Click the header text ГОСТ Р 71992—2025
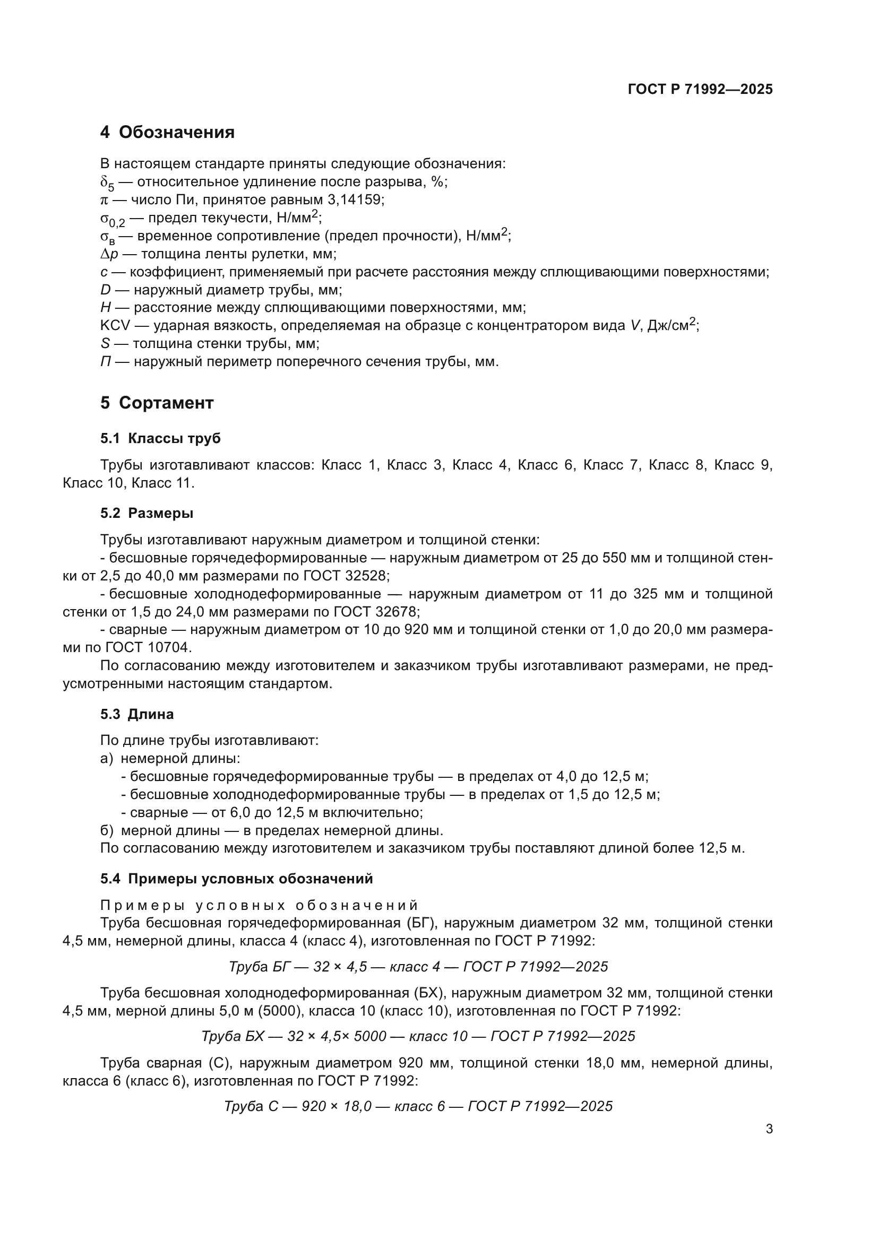pyautogui.click(x=700, y=89)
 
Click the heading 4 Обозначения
pyautogui.click(x=168, y=132)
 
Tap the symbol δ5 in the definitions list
pyautogui.click(x=108, y=184)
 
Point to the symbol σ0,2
pyautogui.click(x=113, y=220)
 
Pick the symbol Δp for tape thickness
pyautogui.click(x=109, y=254)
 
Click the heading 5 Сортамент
pyautogui.click(x=157, y=403)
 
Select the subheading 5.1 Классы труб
pyautogui.click(x=160, y=438)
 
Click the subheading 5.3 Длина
pyautogui.click(x=137, y=714)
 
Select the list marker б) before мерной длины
pyautogui.click(x=106, y=830)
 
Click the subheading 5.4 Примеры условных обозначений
pyautogui.click(x=236, y=878)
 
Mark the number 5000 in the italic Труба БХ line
pyautogui.click(x=369, y=1036)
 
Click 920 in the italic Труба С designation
pyautogui.click(x=313, y=1106)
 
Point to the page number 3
pyautogui.click(x=769, y=1129)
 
